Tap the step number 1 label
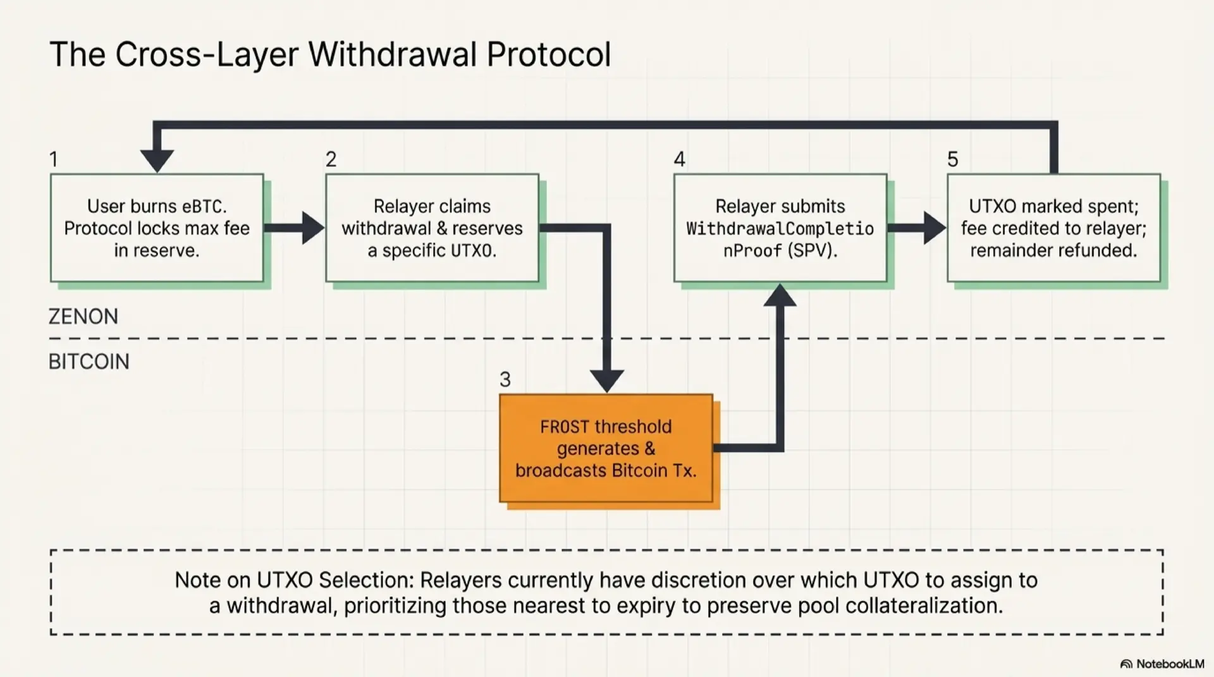pos(54,159)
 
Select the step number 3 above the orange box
pos(505,379)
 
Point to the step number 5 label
pos(952,159)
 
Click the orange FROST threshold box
pos(606,448)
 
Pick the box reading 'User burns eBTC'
pos(157,228)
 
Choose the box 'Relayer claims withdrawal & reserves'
pos(432,228)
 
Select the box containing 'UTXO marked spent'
pos(1053,228)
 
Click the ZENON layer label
pos(83,316)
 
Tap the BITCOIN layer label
pos(89,362)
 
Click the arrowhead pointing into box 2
pos(313,228)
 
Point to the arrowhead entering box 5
pos(935,228)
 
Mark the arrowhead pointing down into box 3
pos(606,381)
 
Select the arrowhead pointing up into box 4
pos(780,296)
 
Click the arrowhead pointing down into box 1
pos(157,161)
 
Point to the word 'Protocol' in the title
pos(548,54)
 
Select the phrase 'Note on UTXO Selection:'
pos(295,580)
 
